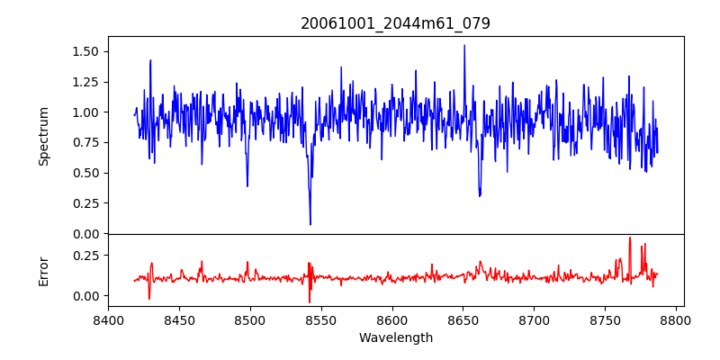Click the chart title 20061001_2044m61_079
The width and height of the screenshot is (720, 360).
(395, 23)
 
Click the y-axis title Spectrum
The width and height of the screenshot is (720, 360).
(43, 136)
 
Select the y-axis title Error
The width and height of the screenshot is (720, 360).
(43, 271)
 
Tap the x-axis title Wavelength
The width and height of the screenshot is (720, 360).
(395, 338)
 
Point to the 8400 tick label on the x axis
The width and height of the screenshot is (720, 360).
(108, 319)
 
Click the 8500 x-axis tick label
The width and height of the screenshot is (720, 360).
(250, 319)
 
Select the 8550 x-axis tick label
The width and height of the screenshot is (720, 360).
(321, 319)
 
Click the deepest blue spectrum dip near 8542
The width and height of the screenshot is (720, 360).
(310, 224)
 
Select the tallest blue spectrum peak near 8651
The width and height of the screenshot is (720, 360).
(464, 45)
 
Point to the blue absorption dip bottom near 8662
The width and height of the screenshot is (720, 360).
(480, 195)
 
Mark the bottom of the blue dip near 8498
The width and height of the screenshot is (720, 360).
(247, 186)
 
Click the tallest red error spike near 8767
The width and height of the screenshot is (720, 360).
(630, 238)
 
